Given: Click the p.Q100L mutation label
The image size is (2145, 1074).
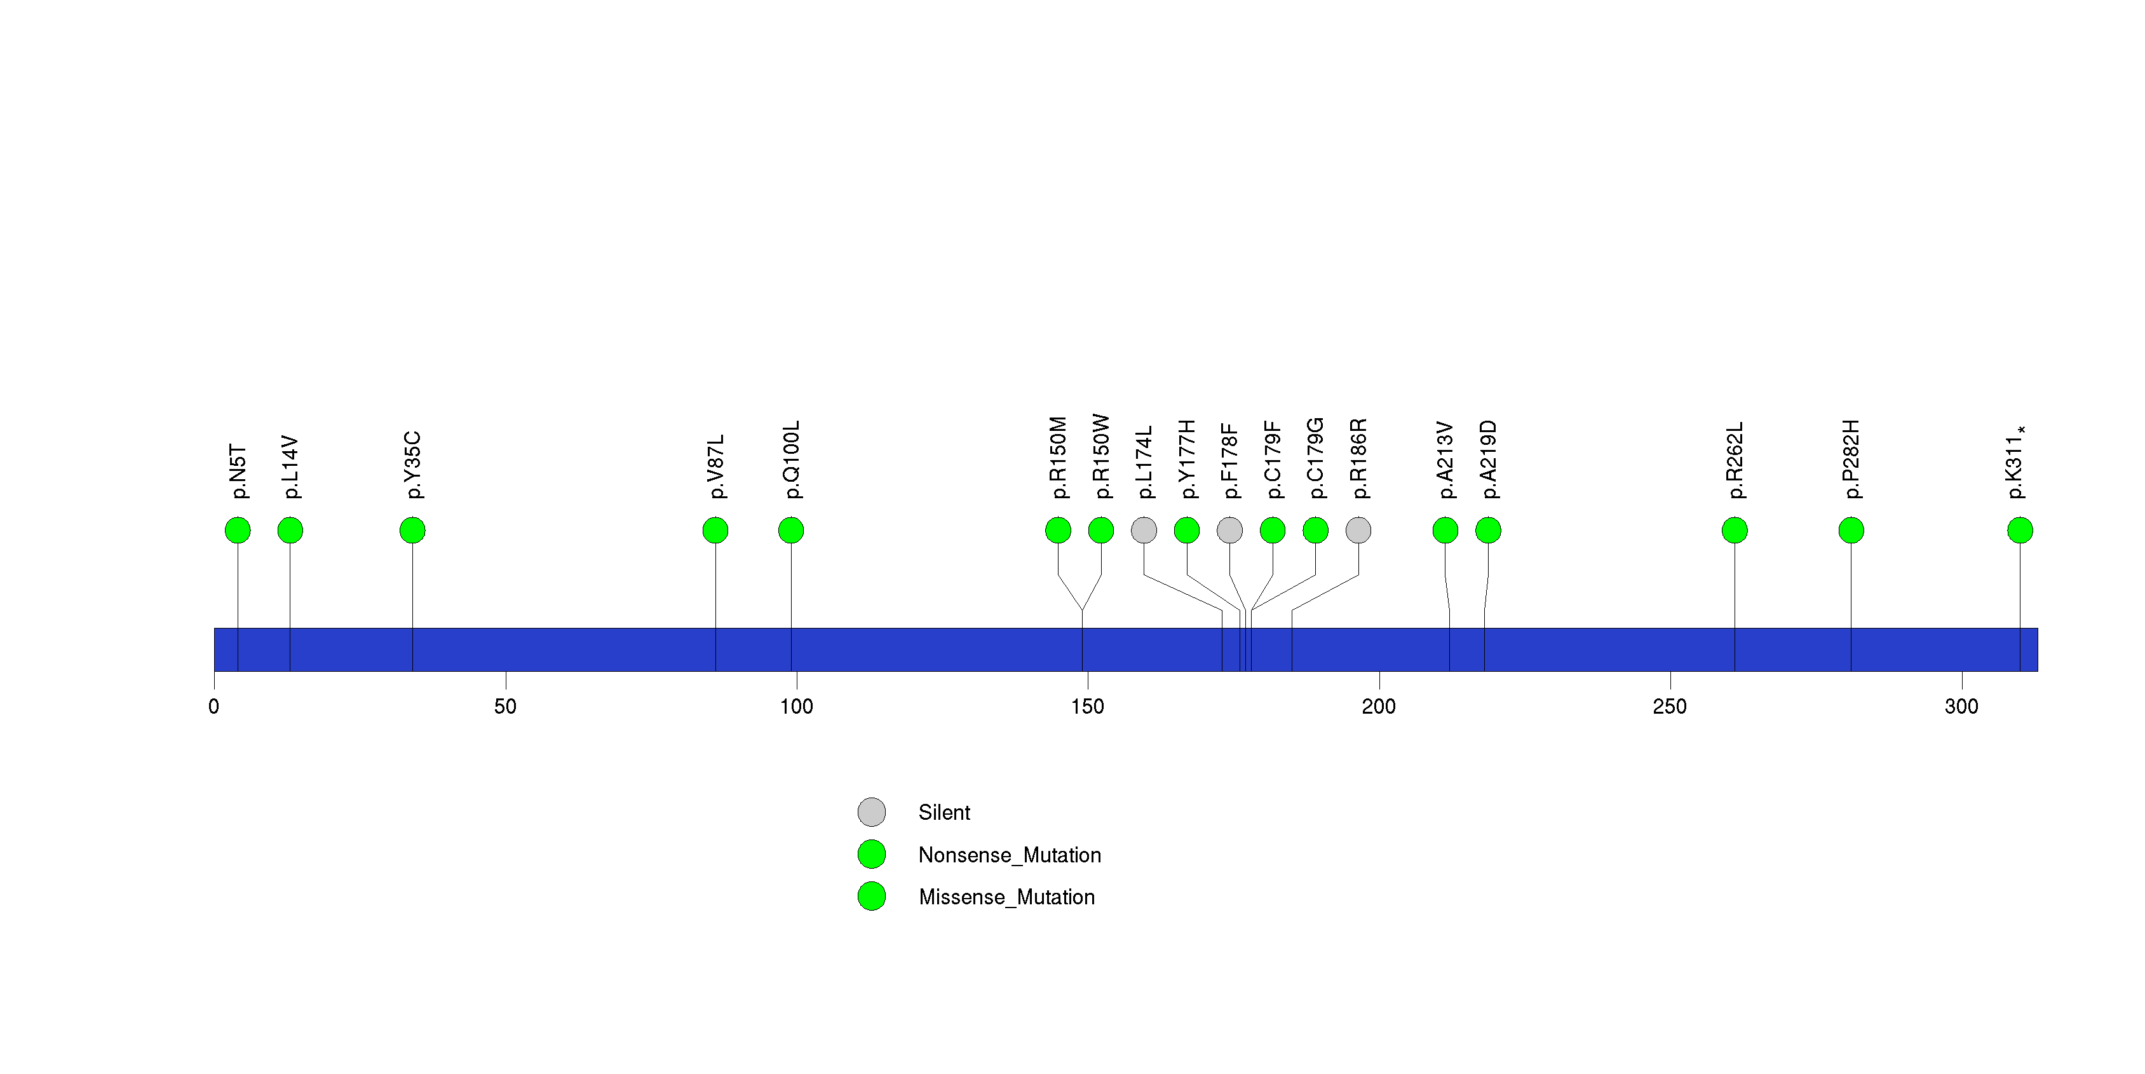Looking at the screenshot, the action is pyautogui.click(x=791, y=459).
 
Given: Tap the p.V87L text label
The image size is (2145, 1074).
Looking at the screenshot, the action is pyautogui.click(x=715, y=466).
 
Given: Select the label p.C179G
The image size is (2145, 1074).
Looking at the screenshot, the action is pyautogui.click(x=1315, y=458).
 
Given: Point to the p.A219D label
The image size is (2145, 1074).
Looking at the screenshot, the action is pyautogui.click(x=1488, y=459).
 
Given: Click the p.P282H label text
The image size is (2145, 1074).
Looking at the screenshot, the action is pyautogui.click(x=1850, y=459).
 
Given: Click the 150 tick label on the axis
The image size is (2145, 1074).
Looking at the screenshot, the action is pyautogui.click(x=1088, y=707).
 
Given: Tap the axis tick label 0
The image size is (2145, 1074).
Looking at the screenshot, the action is pyautogui.click(x=214, y=707).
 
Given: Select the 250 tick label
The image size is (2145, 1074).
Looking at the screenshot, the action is pyautogui.click(x=1670, y=707).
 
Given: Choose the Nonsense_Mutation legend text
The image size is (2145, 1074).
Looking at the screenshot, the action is pyautogui.click(x=1009, y=855).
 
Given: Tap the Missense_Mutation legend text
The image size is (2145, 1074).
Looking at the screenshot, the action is pyautogui.click(x=1006, y=897).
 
